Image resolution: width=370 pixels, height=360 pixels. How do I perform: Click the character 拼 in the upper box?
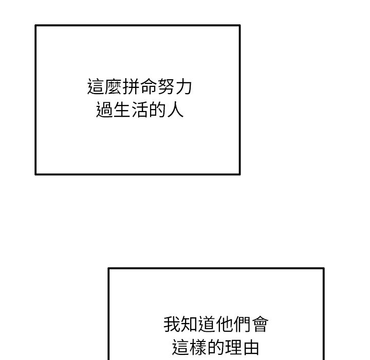tap(131, 87)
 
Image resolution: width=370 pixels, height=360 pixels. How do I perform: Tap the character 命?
tap(148, 87)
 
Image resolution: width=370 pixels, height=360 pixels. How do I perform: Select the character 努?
tap(165, 87)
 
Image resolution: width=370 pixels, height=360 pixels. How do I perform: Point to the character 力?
tap(183, 87)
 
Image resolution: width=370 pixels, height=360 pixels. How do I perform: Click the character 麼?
tap(113, 87)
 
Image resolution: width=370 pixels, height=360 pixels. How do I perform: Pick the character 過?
tap(104, 110)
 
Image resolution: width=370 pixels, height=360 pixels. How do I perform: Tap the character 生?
tap(122, 110)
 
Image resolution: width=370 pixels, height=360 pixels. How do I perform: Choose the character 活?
tap(140, 110)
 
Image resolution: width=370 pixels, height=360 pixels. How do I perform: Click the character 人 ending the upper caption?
tap(175, 110)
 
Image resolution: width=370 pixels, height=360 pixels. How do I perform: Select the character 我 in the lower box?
tap(172, 324)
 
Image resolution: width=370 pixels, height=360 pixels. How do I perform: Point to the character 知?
tap(190, 324)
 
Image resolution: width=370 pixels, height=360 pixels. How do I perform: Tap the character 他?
tap(225, 324)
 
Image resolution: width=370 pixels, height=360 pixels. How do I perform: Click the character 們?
tap(243, 324)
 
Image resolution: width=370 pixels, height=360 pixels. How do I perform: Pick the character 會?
tap(260, 324)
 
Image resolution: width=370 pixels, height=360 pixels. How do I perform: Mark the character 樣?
tap(198, 347)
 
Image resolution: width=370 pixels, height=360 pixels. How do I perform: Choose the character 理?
tap(234, 347)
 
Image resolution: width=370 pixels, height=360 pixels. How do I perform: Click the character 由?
tap(251, 347)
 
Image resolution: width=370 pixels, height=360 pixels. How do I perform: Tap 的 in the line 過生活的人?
tap(157, 110)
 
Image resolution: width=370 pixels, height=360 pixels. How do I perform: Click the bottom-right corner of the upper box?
tap(240, 174)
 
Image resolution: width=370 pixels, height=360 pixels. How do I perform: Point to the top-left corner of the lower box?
tap(108, 268)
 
